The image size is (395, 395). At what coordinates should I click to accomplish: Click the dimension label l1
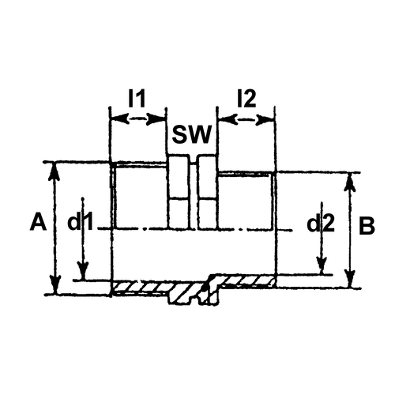[137, 99]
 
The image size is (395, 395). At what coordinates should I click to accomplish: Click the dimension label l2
[246, 99]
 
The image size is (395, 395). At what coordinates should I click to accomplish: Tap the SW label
[192, 134]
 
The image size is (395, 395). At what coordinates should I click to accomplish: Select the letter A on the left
[39, 222]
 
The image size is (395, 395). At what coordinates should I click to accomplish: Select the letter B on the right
[367, 226]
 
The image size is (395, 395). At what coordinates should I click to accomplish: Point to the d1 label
[81, 222]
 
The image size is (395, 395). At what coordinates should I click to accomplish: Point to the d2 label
[321, 224]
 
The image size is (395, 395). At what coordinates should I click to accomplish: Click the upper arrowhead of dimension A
[55, 171]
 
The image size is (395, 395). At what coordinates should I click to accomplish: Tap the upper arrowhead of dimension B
[349, 182]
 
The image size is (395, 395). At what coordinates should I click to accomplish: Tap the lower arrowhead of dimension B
[350, 279]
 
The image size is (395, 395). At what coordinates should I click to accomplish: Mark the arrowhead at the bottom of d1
[84, 271]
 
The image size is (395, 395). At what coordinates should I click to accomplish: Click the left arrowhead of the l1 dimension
[120, 118]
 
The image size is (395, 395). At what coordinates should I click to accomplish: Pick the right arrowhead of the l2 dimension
[265, 120]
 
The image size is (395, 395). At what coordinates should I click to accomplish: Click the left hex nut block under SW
[179, 192]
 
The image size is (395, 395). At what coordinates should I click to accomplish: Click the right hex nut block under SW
[208, 192]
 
